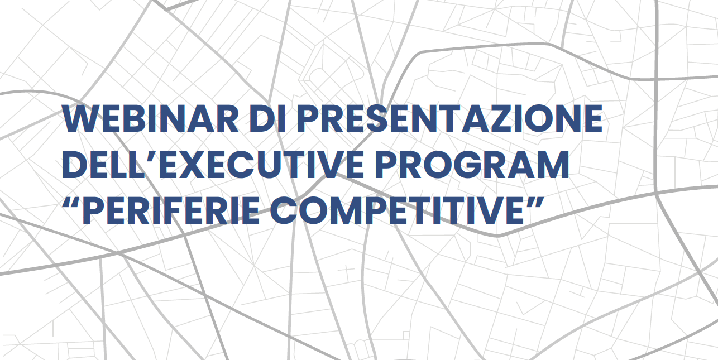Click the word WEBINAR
click(x=150, y=119)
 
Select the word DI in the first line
click(x=267, y=119)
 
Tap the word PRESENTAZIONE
click(x=449, y=119)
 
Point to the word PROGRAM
click(x=472, y=165)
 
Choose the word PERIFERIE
click(x=171, y=210)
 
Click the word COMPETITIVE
click(x=397, y=210)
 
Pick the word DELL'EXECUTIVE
click(x=213, y=165)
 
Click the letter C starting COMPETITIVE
click(x=284, y=210)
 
